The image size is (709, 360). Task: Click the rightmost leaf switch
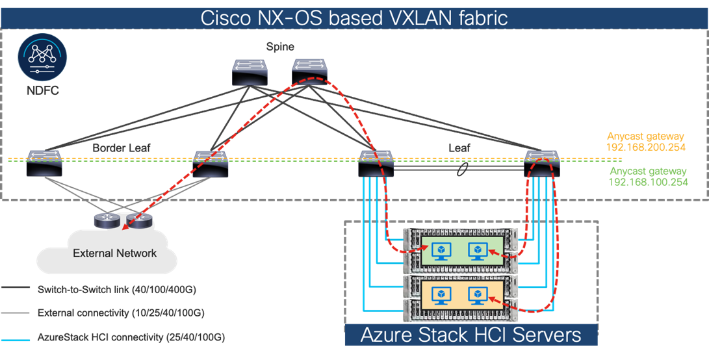coord(541,162)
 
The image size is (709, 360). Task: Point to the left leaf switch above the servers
coord(375,162)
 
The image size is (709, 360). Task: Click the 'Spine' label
coord(280,47)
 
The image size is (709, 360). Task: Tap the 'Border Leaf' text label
coord(121,148)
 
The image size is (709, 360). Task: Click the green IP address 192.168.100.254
coord(647,182)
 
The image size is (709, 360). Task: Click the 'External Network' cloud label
coord(114,253)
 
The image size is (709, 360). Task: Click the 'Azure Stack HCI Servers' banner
coord(471,335)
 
